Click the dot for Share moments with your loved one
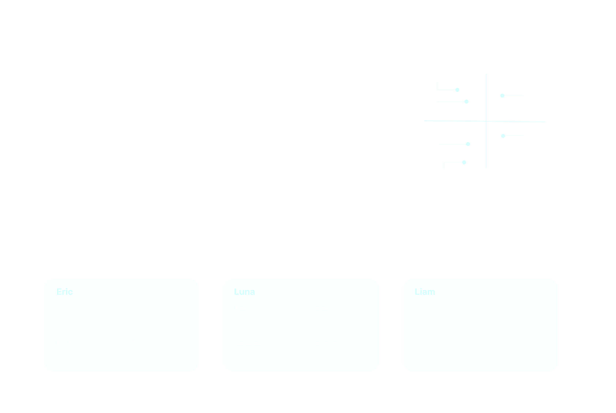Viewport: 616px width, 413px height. pyautogui.click(x=457, y=90)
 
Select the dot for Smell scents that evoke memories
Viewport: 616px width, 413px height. pyautogui.click(x=502, y=96)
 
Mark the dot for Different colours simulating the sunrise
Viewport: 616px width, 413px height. pyautogui.click(x=503, y=136)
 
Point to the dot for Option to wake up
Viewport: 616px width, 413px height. pyautogui.click(x=468, y=144)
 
